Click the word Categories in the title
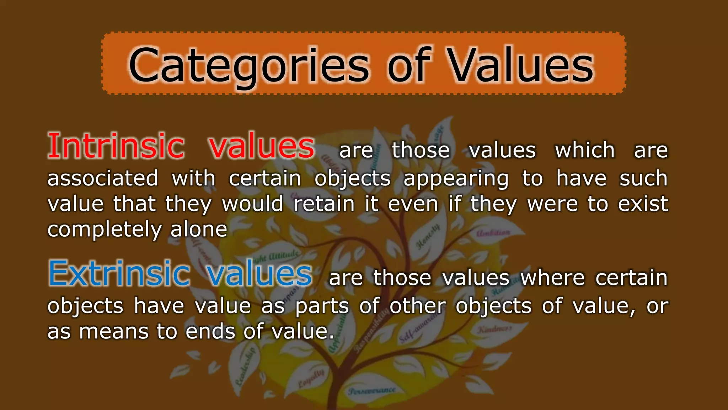[249, 66]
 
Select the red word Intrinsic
[116, 146]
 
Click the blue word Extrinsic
[119, 273]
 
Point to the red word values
[262, 146]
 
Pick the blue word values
[259, 273]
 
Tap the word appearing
[456, 179]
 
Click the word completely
[104, 230]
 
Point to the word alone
[199, 229]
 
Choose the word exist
[643, 204]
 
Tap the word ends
[210, 332]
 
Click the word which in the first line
[585, 150]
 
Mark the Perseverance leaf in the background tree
[372, 391]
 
